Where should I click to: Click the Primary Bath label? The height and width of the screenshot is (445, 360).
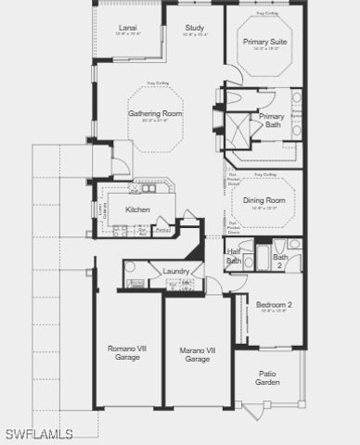pyautogui.click(x=272, y=121)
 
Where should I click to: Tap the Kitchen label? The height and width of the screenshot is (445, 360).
pyautogui.click(x=138, y=210)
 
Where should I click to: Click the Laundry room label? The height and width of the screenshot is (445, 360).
pyautogui.click(x=176, y=271)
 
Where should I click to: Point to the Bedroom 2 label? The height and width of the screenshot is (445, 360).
pyautogui.click(x=275, y=305)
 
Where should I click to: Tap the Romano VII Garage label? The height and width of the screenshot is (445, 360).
pyautogui.click(x=126, y=353)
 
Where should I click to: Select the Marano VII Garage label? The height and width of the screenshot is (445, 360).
pyautogui.click(x=197, y=354)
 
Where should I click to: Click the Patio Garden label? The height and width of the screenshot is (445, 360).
pyautogui.click(x=268, y=378)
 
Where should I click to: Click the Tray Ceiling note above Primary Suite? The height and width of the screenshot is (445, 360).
pyautogui.click(x=265, y=14)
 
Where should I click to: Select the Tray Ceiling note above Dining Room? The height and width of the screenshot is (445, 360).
pyautogui.click(x=264, y=174)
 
